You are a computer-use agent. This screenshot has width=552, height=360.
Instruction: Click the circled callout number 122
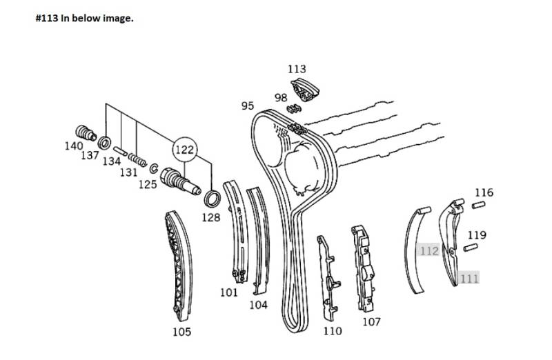185,150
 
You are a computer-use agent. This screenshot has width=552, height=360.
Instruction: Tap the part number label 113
297,69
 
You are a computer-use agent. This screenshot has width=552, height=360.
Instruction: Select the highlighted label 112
428,251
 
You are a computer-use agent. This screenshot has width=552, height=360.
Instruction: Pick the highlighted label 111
469,279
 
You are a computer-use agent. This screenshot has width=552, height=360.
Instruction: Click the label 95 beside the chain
248,106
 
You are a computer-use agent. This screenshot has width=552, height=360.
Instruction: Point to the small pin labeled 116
478,205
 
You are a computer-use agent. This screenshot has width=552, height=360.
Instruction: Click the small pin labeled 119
471,248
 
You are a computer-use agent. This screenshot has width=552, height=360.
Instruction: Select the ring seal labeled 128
213,199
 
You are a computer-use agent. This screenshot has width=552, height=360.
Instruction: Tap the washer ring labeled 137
104,142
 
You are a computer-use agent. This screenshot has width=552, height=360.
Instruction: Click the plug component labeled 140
86,132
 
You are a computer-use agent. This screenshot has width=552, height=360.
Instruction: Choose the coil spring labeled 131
137,159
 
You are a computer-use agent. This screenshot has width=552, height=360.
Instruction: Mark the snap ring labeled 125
153,168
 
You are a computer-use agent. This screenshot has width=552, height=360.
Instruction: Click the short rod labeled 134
120,151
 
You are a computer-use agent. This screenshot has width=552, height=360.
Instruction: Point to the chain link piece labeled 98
294,109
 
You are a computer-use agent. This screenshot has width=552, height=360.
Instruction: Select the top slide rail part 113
305,90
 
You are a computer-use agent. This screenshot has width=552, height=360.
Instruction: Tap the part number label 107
372,321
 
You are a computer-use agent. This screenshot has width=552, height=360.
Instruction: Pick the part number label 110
333,331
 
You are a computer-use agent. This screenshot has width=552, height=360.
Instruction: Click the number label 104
258,305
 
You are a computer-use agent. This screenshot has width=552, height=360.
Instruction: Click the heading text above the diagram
84,19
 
